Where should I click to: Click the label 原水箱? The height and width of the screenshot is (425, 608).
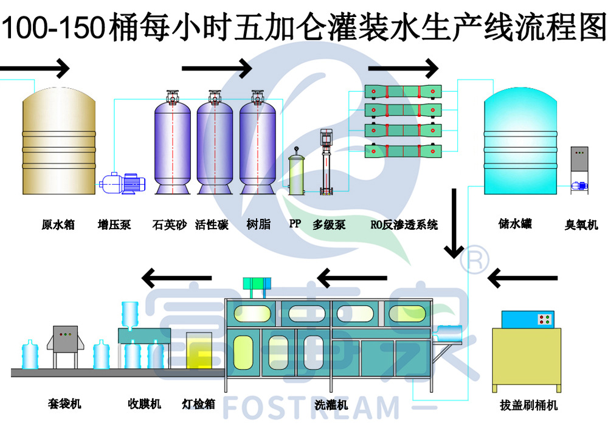click(58, 224)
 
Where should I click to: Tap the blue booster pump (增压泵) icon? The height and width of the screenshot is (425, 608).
click(123, 183)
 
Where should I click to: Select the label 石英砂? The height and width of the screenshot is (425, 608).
click(170, 224)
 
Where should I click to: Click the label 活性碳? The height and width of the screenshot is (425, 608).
click(212, 224)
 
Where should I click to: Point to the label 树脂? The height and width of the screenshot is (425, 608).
click(258, 224)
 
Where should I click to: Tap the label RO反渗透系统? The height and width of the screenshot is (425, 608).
click(404, 224)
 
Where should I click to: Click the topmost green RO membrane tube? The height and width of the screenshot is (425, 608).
click(403, 92)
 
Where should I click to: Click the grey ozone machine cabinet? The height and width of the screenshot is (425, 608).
click(579, 159)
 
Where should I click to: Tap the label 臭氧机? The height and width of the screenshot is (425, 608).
click(581, 224)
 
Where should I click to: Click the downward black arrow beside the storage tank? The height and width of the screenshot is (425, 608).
click(454, 223)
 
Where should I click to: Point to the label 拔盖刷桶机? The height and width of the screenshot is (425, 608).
click(529, 405)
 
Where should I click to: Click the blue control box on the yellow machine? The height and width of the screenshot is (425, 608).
click(528, 319)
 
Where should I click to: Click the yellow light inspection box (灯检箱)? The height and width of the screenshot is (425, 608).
click(199, 351)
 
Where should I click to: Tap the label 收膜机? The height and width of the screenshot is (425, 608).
click(144, 404)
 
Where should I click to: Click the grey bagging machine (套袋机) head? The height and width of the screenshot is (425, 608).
click(66, 339)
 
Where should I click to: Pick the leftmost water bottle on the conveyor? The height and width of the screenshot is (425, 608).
click(30, 354)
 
